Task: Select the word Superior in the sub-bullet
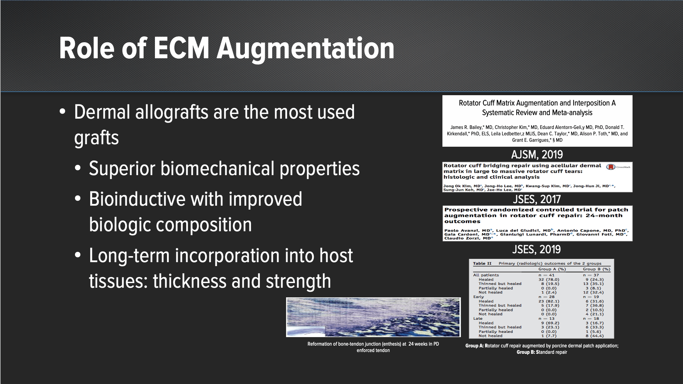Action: (122, 168)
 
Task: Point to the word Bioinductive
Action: (137, 199)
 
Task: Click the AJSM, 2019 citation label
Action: (537, 155)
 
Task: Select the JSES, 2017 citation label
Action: (537, 199)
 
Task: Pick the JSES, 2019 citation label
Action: (537, 249)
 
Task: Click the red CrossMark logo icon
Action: (611, 167)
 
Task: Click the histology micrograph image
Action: (373, 317)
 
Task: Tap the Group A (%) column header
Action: (552, 269)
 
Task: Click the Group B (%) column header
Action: (596, 269)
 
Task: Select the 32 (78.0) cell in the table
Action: (549, 280)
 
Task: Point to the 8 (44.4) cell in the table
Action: (595, 336)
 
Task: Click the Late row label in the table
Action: (478, 319)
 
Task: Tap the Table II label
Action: (482, 264)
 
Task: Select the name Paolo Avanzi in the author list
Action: (460, 231)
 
